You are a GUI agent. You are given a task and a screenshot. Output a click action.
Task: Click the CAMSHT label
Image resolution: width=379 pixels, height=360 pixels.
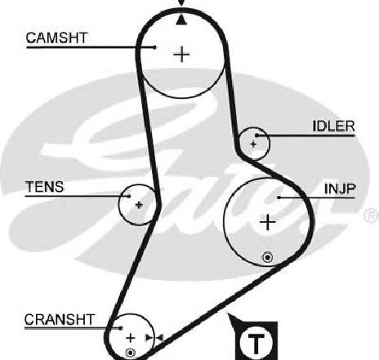coord(56,38)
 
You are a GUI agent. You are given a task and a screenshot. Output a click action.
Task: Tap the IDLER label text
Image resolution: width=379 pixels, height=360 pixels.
coord(333,127)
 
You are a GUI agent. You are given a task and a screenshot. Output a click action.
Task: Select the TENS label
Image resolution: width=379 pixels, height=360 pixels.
coord(45,187)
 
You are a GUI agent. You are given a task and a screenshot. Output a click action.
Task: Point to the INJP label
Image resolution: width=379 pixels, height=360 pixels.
coord(340,189)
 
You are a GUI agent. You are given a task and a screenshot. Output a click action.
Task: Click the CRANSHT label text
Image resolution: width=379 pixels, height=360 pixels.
coord(60,319)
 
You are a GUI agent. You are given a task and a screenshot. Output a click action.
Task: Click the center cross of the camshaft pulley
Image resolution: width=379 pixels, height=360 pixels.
coord(181,54)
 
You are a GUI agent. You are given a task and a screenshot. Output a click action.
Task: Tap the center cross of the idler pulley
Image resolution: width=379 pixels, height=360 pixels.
coord(253,144)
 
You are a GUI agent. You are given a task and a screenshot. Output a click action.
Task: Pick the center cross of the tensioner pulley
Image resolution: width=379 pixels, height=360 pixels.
coord(139,205)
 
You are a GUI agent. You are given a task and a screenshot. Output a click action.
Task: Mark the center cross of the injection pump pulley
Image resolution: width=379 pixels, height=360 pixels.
coord(268,222)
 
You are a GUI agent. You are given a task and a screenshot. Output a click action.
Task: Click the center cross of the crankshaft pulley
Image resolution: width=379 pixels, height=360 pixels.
coord(131,338)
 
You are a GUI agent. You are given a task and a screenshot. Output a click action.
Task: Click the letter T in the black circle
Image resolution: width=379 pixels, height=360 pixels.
coord(256,343)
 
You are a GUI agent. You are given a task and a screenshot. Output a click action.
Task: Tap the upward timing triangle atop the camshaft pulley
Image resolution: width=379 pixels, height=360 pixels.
coord(181,20)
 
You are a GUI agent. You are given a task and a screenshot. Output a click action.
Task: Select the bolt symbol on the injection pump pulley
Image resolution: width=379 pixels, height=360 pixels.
coord(268,257)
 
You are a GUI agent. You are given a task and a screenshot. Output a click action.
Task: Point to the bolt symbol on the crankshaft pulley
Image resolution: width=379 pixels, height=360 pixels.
coord(130,353)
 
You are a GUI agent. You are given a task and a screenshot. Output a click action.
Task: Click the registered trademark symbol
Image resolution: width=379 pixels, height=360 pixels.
coord(372,216)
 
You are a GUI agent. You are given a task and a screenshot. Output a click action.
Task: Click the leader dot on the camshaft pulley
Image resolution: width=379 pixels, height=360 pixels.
coord(155,47)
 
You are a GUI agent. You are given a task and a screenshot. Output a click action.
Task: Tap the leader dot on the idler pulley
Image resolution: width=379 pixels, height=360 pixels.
coord(256,135)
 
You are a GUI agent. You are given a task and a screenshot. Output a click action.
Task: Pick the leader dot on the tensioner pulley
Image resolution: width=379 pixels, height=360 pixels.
coord(129,196)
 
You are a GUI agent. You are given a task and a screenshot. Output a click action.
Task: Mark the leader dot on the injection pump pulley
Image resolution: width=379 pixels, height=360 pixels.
coord(279,198)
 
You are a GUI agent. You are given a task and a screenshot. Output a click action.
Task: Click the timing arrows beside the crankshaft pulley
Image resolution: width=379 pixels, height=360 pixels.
coord(154,338)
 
